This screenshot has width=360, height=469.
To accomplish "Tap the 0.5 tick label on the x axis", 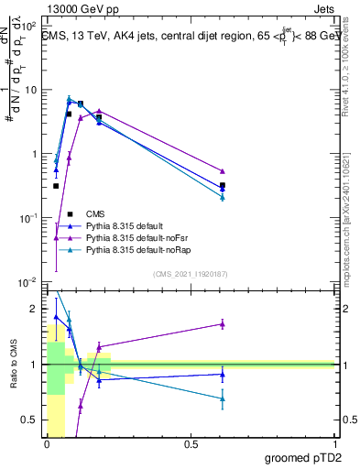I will (191, 442).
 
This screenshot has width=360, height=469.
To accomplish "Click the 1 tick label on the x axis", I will (334, 442).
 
